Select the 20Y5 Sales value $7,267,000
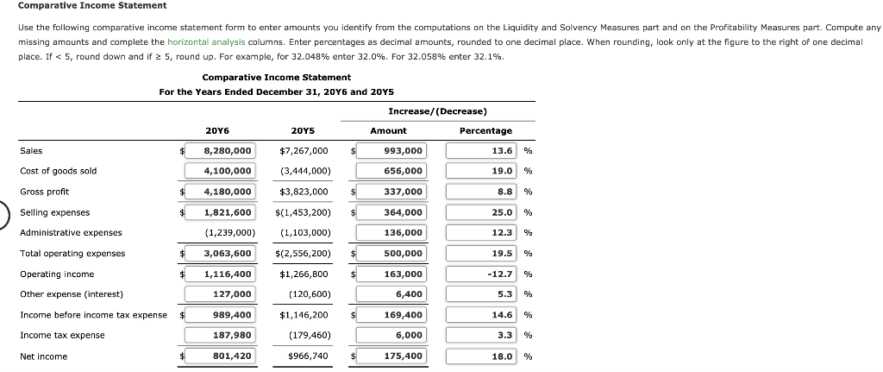[x=304, y=150]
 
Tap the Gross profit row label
[x=44, y=192]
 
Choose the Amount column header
[x=388, y=130]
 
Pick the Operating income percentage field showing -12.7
[x=481, y=274]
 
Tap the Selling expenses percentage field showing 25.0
[x=481, y=212]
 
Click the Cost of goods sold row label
[x=58, y=171]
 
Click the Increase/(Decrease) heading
[x=437, y=111]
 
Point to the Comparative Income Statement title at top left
[x=80, y=6]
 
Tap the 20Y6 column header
[x=217, y=130]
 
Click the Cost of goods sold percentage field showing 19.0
[x=481, y=171]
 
